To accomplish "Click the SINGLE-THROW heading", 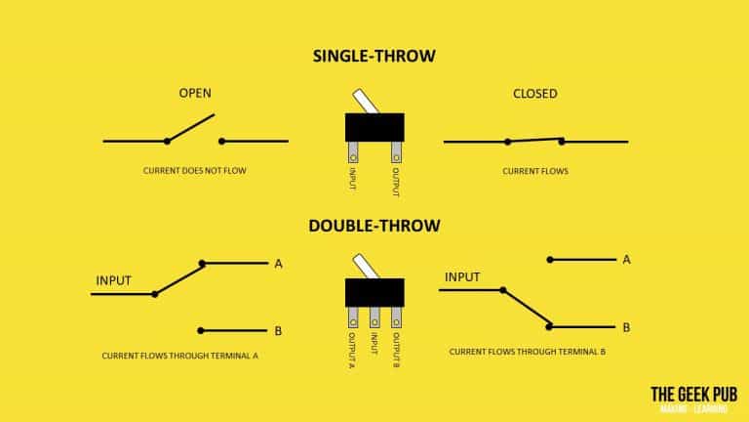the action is point(374,56).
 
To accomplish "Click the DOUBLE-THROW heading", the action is point(374,226).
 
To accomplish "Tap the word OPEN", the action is point(195,93).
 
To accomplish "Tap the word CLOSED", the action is point(535,94).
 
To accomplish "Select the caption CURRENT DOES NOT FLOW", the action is point(194,171).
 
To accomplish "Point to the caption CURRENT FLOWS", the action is point(535,171).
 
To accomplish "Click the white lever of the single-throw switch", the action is point(366,101).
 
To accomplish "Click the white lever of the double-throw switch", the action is point(366,266).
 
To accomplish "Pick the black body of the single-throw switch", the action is point(374,127).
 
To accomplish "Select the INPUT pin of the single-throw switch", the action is point(353,152).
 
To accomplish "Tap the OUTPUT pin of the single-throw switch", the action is point(396,152).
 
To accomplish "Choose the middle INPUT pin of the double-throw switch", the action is point(374,317).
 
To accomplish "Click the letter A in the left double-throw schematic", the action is point(279,264).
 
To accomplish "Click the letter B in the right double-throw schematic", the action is point(626,328).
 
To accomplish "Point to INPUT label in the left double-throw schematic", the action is point(114,281).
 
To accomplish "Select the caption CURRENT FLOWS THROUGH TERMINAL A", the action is point(179,356).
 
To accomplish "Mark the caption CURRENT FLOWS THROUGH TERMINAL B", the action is point(528,352).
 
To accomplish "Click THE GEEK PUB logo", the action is point(693,399).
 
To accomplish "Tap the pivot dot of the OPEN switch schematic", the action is point(167,141).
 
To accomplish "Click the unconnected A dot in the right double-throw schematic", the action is point(550,260).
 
